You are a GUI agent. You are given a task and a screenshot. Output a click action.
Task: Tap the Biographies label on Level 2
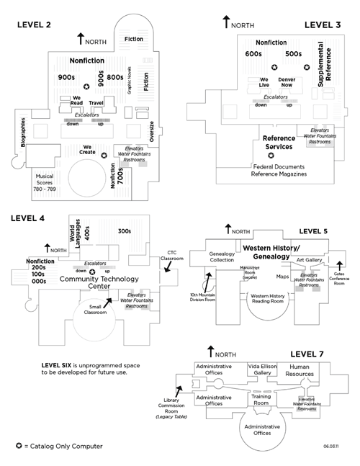[23, 132]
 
